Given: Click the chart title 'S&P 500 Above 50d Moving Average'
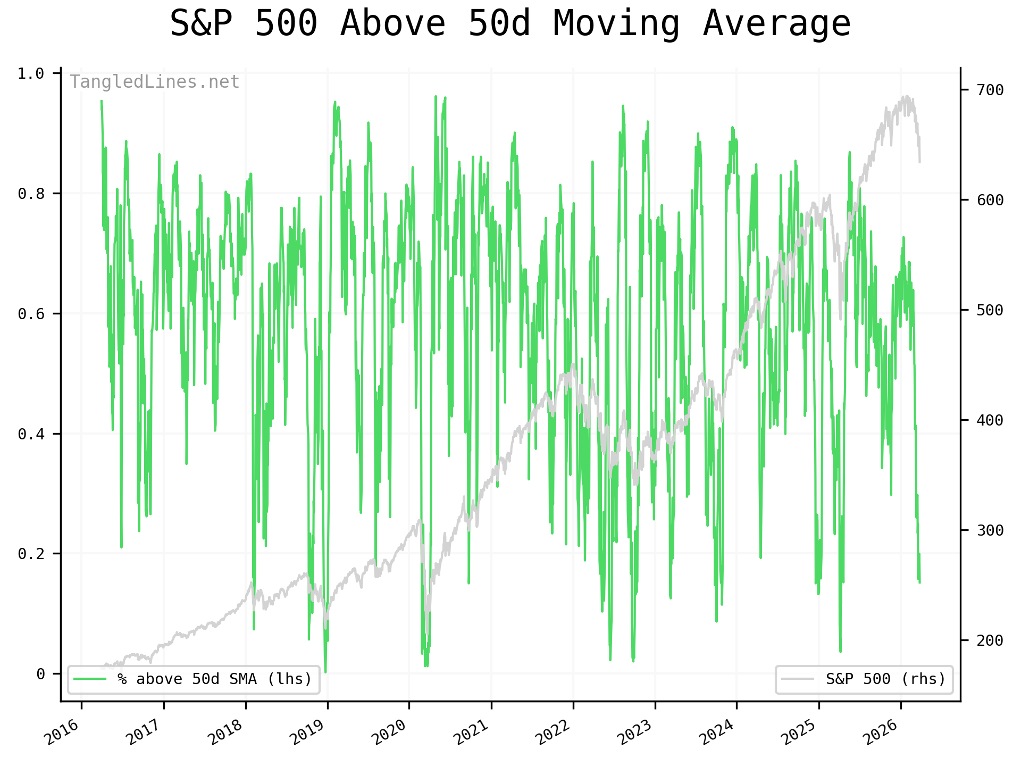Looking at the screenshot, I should tap(510, 24).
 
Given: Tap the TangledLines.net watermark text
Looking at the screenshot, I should tap(155, 82).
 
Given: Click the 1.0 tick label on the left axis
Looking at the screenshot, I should tap(31, 73).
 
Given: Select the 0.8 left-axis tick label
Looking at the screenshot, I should tap(31, 194).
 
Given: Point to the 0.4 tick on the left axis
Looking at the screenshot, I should tap(31, 434).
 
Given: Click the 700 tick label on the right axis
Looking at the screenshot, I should tap(990, 90).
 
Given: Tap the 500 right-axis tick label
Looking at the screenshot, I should tap(990, 310).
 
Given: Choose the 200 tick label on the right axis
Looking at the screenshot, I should tap(990, 640).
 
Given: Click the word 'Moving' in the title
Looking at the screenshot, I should tap(616, 24).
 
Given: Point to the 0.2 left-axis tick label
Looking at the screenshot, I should tap(31, 554).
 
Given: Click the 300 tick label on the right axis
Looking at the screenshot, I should tap(990, 530).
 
